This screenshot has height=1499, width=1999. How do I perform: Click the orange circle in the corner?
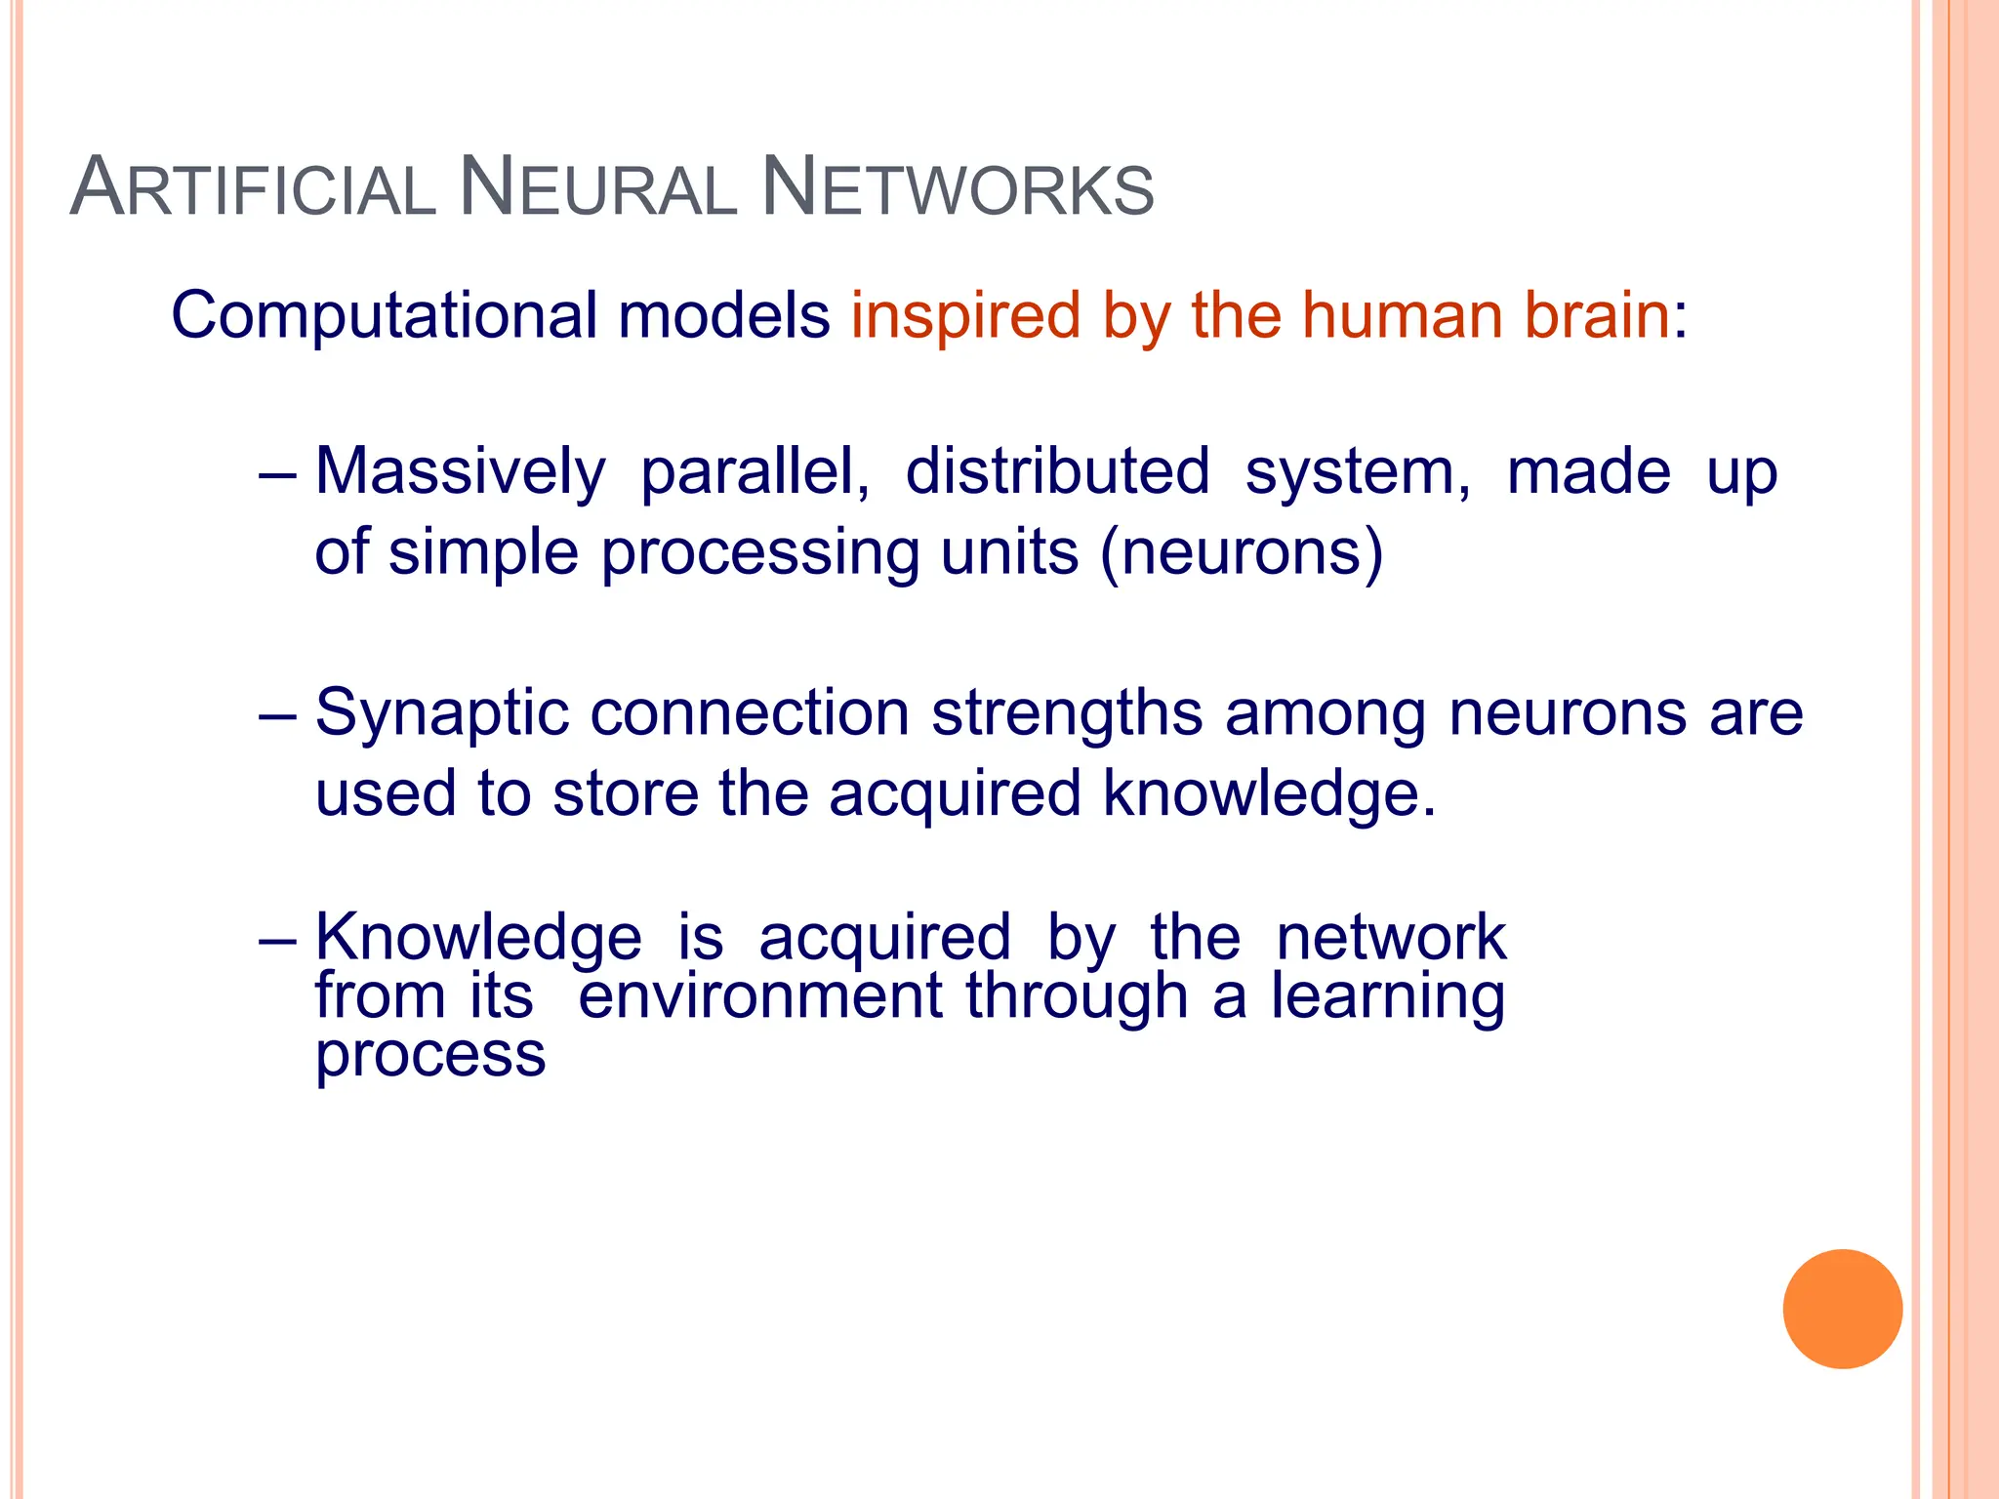click(1842, 1309)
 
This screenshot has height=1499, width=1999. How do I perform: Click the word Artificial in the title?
click(253, 187)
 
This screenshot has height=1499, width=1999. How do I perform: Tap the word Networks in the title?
click(957, 187)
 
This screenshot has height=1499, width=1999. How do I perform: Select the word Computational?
click(384, 316)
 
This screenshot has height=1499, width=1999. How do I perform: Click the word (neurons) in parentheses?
click(1242, 552)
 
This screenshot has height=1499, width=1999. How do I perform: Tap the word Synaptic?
click(441, 714)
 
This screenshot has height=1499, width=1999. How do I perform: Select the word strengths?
click(1067, 714)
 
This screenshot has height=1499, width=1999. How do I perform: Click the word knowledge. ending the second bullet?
click(1269, 792)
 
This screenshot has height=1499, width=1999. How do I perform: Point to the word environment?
click(760, 997)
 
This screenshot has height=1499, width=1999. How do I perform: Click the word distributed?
click(1057, 472)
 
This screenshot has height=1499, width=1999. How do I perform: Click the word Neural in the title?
click(597, 187)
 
